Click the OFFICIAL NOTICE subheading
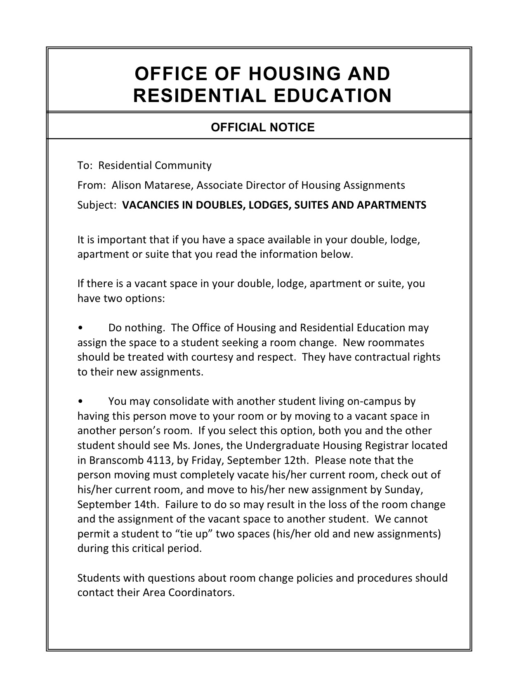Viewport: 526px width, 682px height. (262, 127)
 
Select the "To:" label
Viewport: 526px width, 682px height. (84, 166)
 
